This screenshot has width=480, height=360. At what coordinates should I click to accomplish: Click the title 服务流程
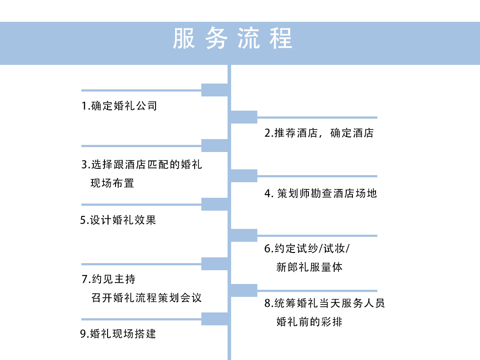pyautogui.click(x=232, y=38)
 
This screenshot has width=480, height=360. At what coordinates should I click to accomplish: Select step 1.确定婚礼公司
pyautogui.click(x=119, y=106)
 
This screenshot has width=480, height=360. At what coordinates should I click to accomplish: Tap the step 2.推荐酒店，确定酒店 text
pyautogui.click(x=319, y=133)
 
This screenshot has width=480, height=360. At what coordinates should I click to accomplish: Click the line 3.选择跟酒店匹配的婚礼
pyautogui.click(x=142, y=165)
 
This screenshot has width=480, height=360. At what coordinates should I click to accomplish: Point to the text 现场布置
pyautogui.click(x=112, y=183)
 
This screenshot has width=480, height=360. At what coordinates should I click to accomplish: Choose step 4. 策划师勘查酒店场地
pyautogui.click(x=320, y=193)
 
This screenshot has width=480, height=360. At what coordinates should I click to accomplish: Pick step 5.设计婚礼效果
pyautogui.click(x=118, y=220)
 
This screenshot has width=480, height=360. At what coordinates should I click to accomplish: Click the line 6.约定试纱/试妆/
pyautogui.click(x=307, y=248)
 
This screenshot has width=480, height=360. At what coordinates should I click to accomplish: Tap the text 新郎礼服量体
pyautogui.click(x=309, y=267)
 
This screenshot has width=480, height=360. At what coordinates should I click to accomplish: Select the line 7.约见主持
pyautogui.click(x=108, y=279)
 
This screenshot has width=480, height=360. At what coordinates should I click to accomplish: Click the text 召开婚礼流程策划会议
pyautogui.click(x=146, y=298)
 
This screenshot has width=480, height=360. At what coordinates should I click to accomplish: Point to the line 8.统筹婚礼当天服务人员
pyautogui.click(x=324, y=303)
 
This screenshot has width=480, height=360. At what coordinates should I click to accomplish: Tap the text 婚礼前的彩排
pyautogui.click(x=309, y=322)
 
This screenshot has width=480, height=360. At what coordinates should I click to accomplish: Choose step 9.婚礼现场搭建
pyautogui.click(x=118, y=334)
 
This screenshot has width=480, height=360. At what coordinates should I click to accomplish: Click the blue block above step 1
pyautogui.click(x=215, y=90)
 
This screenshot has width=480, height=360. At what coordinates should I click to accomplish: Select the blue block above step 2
pyautogui.click(x=244, y=117)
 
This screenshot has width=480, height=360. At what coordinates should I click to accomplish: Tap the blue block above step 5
pyautogui.click(x=215, y=204)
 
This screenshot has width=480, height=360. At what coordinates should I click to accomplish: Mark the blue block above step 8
pyautogui.click(x=244, y=291)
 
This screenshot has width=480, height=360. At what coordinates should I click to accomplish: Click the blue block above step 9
pyautogui.click(x=215, y=319)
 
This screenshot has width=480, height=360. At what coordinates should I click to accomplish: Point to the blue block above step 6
pyautogui.click(x=244, y=236)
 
